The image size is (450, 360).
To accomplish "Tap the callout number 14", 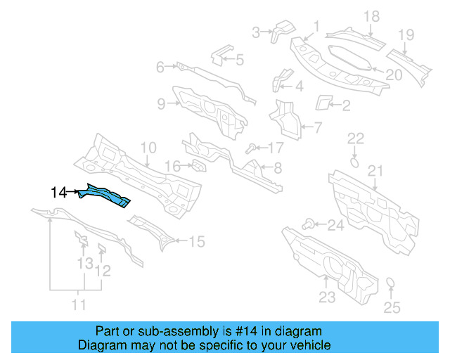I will [58, 192].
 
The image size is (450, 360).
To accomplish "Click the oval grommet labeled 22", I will [355, 161].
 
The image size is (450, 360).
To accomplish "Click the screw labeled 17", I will [251, 148].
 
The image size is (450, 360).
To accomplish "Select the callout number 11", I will [79, 305].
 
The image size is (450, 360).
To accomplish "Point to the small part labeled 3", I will [284, 29].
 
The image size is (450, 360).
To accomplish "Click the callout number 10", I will [148, 148].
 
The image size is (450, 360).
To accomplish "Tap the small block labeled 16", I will [199, 166].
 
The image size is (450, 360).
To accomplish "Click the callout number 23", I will [327, 297].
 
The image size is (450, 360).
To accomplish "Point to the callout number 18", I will [371, 16].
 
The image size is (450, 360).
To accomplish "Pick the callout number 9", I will [161, 104].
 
